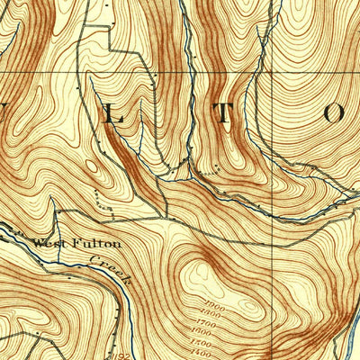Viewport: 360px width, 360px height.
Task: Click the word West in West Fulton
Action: [x=45, y=242]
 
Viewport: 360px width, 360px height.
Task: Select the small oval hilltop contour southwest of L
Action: [x=90, y=166]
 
